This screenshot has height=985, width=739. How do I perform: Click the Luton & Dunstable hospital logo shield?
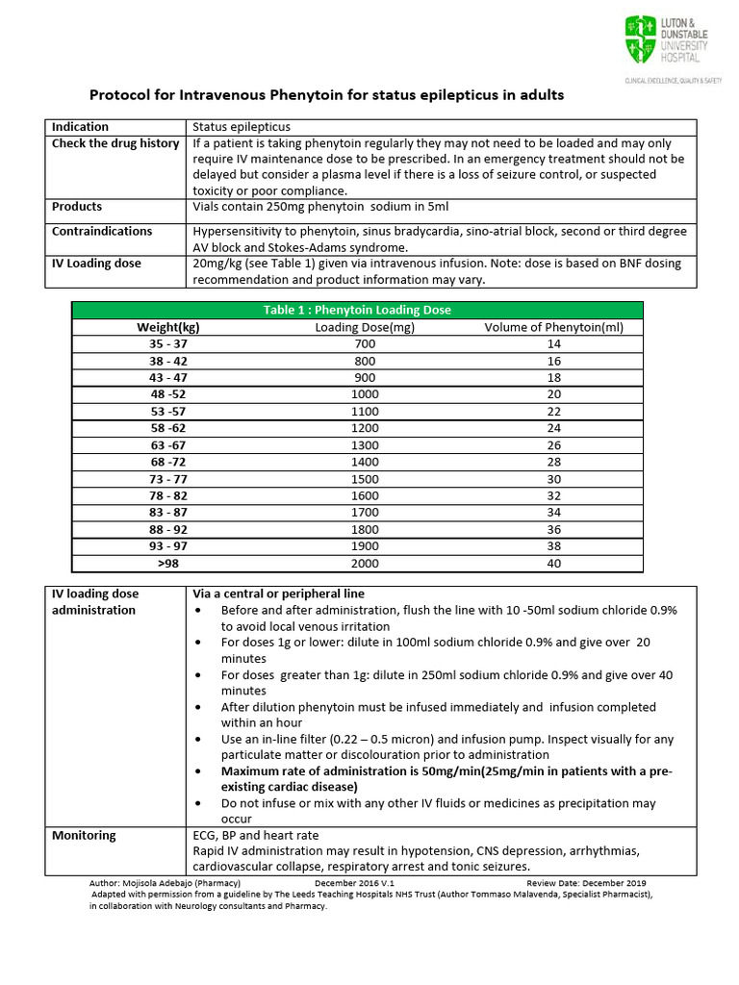(639, 40)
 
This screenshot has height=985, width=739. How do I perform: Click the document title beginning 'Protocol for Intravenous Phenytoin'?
(326, 95)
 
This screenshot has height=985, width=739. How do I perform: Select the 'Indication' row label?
(80, 127)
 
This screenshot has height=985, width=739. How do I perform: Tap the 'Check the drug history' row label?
(115, 143)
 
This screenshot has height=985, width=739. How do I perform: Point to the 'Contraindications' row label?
(102, 232)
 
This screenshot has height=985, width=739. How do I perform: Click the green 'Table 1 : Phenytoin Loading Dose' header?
(357, 310)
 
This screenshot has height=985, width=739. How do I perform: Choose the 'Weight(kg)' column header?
(168, 327)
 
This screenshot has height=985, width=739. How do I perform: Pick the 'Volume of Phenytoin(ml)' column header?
(553, 327)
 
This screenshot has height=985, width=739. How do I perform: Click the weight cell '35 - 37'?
(168, 344)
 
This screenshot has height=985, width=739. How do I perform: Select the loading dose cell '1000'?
(365, 394)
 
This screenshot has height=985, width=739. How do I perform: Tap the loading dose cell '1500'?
(365, 479)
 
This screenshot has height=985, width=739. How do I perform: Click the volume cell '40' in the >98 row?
(553, 564)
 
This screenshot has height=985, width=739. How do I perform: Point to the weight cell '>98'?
(168, 564)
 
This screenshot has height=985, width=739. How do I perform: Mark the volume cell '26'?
(553, 445)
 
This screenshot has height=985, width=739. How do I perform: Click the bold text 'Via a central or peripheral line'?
(279, 594)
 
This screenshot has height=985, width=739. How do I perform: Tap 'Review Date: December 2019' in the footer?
(586, 883)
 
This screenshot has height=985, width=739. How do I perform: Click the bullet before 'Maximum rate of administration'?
(199, 771)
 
